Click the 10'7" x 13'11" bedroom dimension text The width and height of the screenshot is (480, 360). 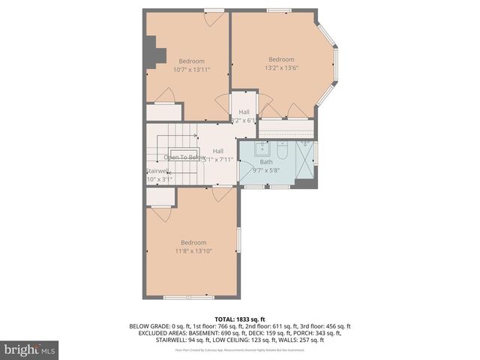coord(191,70)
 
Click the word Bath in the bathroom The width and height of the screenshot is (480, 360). coord(266,161)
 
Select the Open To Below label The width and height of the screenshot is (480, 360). coord(184,157)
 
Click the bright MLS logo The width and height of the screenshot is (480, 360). coord(30,349)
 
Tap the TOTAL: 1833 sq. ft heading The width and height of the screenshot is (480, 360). coord(240,319)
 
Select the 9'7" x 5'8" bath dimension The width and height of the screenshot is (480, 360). coord(266,170)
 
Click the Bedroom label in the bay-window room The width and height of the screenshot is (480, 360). coord(281,59)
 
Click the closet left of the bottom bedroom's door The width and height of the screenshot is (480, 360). coord(160,198)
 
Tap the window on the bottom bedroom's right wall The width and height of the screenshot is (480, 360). coord(238,239)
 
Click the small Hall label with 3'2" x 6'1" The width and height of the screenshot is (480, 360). coord(244,115)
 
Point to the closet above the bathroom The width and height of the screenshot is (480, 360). coord(286,129)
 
